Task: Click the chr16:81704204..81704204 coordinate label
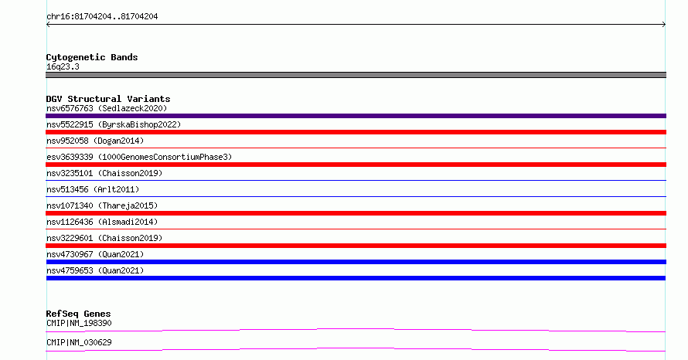tap(102, 17)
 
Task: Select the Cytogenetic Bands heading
tap(92, 57)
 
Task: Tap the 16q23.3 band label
tap(63, 66)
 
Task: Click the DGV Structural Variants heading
tap(108, 99)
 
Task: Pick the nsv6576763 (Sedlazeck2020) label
tap(107, 108)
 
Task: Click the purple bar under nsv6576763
tap(356, 116)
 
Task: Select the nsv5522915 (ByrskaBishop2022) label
tap(114, 124)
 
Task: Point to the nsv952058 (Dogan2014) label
tap(95, 141)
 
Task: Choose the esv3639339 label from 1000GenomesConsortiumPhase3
tap(139, 157)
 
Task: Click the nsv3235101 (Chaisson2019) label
tap(104, 173)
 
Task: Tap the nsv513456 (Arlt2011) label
tap(93, 189)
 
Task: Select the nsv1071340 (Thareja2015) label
tap(102, 205)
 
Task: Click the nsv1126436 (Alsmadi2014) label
tap(102, 222)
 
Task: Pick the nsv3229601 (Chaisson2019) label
tap(104, 238)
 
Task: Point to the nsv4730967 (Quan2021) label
tap(95, 254)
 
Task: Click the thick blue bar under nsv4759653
tap(356, 278)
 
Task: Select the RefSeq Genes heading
tap(79, 314)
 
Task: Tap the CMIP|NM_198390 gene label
tap(79, 323)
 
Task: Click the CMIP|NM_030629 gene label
tap(79, 342)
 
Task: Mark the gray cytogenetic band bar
tap(356, 75)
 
